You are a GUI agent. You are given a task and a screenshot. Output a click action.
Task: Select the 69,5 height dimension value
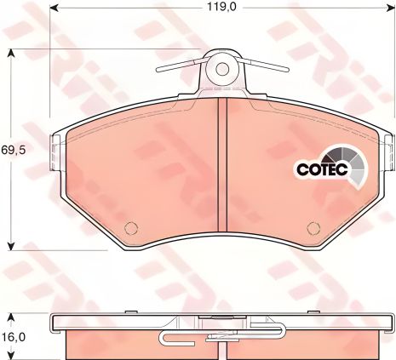14,150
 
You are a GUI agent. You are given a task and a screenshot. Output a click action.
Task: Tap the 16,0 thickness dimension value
14,337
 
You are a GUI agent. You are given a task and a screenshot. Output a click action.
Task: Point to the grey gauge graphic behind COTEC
352,163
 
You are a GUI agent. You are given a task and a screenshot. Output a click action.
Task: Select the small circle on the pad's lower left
130,227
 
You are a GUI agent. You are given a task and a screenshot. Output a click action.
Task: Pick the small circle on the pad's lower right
313,227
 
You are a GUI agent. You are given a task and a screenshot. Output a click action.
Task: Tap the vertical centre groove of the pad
221,170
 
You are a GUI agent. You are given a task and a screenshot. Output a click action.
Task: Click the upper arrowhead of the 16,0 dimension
10,317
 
